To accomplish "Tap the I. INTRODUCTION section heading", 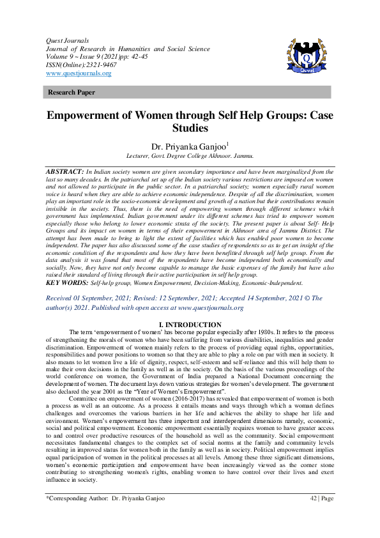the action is (190, 325).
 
